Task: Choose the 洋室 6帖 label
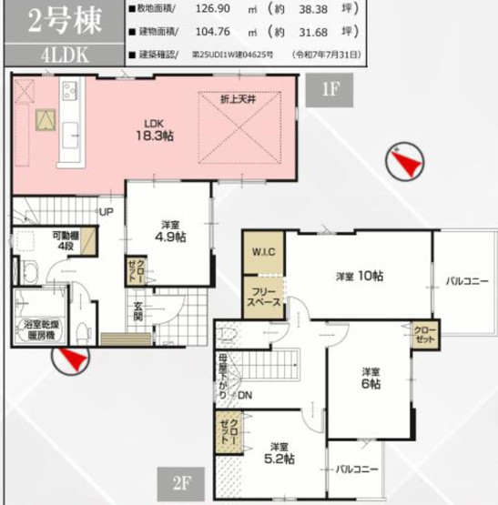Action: click(x=370, y=379)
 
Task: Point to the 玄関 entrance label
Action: click(x=137, y=312)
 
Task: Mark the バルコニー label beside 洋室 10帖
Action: click(x=465, y=281)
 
